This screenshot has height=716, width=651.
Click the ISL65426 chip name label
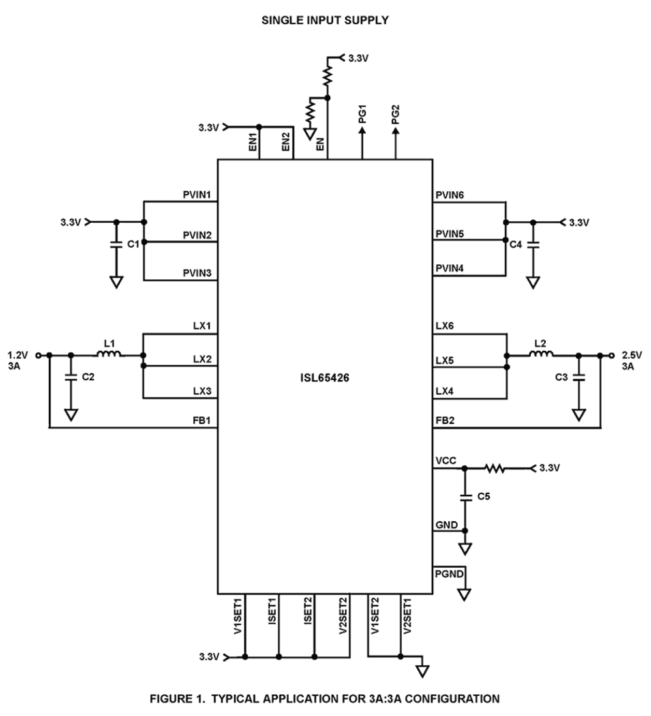pyautogui.click(x=324, y=378)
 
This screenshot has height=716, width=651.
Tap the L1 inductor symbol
pyautogui.click(x=109, y=354)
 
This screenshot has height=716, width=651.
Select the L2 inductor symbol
pyautogui.click(x=541, y=354)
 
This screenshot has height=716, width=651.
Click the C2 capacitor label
pyautogui.click(x=88, y=377)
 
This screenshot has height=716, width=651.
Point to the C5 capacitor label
pyautogui.click(x=483, y=496)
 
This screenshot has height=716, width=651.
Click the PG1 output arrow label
pyautogui.click(x=362, y=114)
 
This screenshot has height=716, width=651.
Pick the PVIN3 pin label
pyautogui.click(x=197, y=273)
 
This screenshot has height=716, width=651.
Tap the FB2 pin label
pyautogui.click(x=445, y=420)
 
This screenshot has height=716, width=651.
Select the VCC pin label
pyautogui.click(x=446, y=461)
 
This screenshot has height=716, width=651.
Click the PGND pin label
pyautogui.click(x=449, y=574)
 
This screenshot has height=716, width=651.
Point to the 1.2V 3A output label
pyautogui.click(x=17, y=361)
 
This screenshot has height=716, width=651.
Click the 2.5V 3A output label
pyautogui.click(x=631, y=361)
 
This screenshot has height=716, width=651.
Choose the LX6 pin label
pyautogui.click(x=444, y=326)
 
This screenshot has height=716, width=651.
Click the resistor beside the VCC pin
pyautogui.click(x=494, y=468)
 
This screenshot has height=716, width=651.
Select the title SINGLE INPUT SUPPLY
pyautogui.click(x=324, y=20)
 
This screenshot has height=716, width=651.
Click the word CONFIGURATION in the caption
pyautogui.click(x=452, y=698)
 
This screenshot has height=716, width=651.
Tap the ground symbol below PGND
pyautogui.click(x=464, y=594)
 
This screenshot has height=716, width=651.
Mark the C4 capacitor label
pyautogui.click(x=515, y=244)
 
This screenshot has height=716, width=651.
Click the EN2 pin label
pyautogui.click(x=286, y=141)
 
